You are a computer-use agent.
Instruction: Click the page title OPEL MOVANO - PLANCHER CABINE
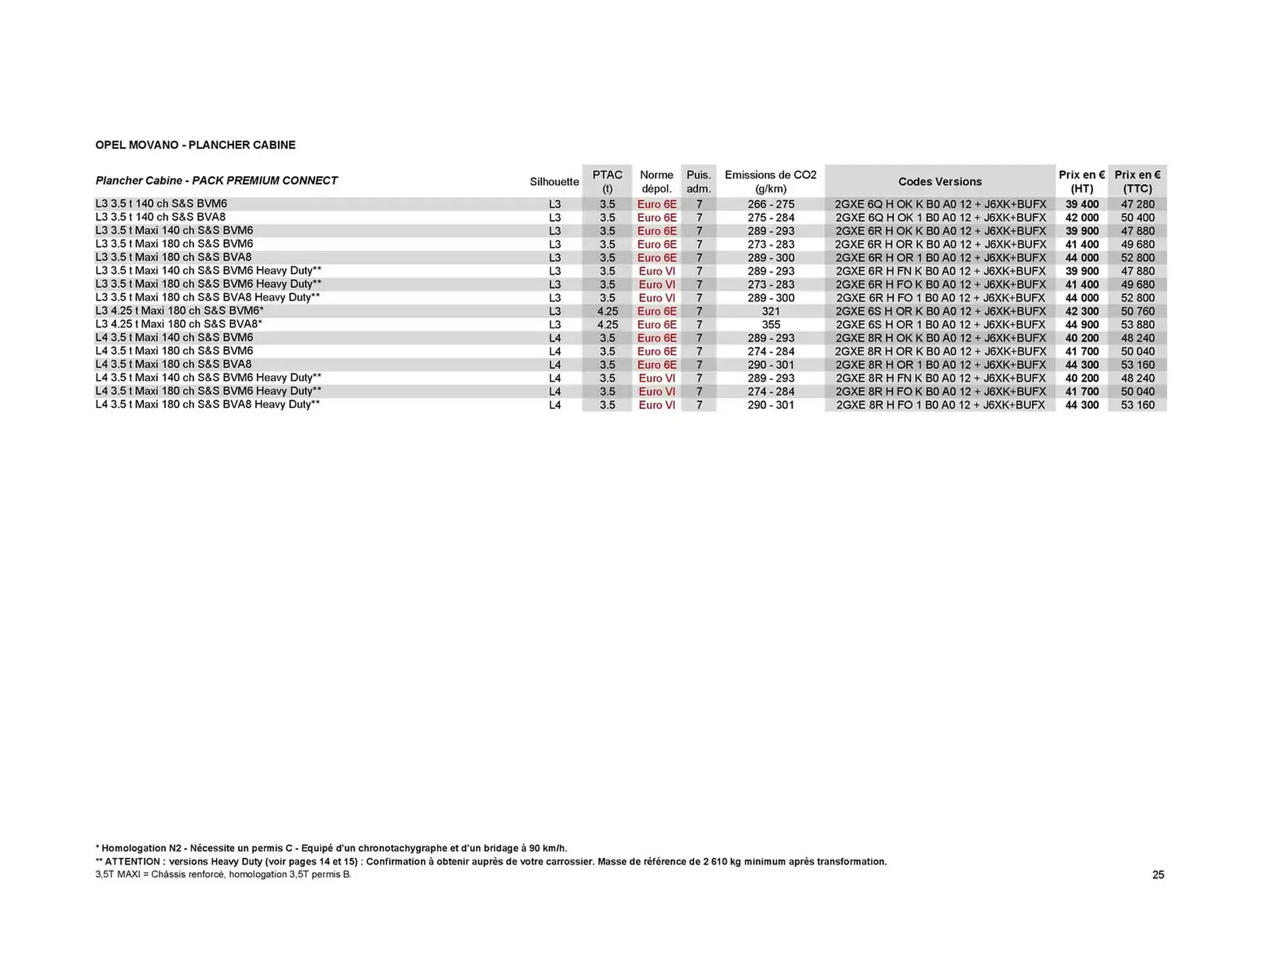pyautogui.click(x=195, y=145)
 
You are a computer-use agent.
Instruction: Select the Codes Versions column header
pyautogui.click(x=939, y=182)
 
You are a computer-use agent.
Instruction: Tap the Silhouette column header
pyautogui.click(x=554, y=182)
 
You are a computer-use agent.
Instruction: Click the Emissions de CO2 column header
pyautogui.click(x=770, y=182)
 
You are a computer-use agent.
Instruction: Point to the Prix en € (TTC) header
pyautogui.click(x=1137, y=182)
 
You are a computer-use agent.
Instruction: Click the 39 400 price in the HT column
pyautogui.click(x=1081, y=204)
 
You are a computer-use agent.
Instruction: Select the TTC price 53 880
pyautogui.click(x=1137, y=325)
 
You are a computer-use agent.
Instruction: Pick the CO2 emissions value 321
pyautogui.click(x=770, y=311)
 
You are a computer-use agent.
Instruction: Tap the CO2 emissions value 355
pyautogui.click(x=770, y=325)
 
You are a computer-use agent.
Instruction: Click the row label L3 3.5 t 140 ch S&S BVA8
pyautogui.click(x=160, y=217)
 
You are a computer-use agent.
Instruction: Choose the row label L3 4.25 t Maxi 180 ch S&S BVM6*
pyautogui.click(x=179, y=311)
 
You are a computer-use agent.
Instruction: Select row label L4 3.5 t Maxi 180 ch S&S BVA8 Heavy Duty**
pyautogui.click(x=208, y=405)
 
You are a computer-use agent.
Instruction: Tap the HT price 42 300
pyautogui.click(x=1081, y=311)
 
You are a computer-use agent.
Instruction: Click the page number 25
pyautogui.click(x=1158, y=875)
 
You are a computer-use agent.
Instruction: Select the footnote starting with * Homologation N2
pyautogui.click(x=331, y=848)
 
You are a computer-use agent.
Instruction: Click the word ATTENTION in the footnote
pyautogui.click(x=132, y=861)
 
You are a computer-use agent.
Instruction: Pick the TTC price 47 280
pyautogui.click(x=1137, y=204)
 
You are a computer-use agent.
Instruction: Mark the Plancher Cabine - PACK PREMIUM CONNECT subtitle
pyautogui.click(x=216, y=181)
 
